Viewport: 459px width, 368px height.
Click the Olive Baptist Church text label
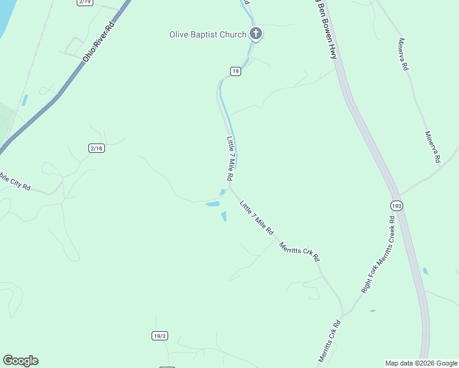click(207, 34)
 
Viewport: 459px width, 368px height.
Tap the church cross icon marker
click(256, 34)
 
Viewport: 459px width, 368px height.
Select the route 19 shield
click(236, 72)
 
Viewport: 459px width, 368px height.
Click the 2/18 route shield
click(96, 148)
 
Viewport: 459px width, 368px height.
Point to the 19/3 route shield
click(160, 335)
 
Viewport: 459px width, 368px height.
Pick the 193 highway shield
click(396, 206)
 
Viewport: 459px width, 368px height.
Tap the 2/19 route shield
click(85, 2)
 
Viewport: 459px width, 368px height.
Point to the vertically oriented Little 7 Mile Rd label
click(230, 158)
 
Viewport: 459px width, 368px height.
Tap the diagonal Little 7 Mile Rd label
click(256, 218)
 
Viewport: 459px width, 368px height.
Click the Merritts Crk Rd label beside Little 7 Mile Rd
click(299, 251)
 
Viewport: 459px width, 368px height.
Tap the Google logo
click(20, 361)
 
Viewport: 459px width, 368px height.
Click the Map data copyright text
click(421, 363)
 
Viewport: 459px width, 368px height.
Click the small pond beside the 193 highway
click(425, 270)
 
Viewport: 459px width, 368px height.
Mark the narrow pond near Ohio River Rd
click(25, 100)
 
